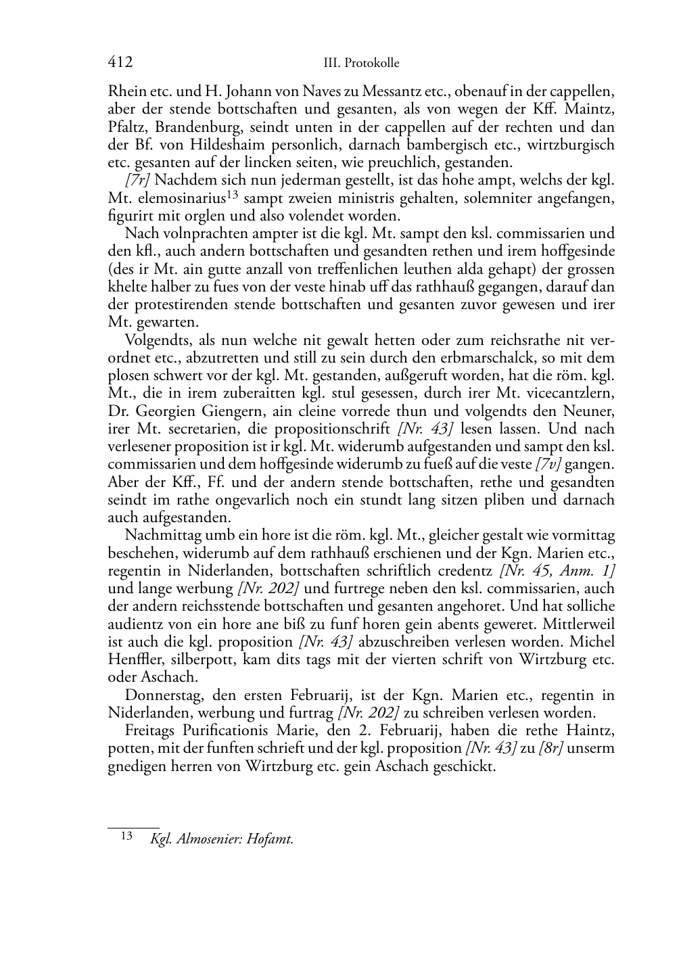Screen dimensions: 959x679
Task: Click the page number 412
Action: (x=120, y=62)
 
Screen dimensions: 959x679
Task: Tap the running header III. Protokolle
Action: (x=362, y=63)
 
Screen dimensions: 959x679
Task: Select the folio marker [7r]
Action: (x=138, y=181)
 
